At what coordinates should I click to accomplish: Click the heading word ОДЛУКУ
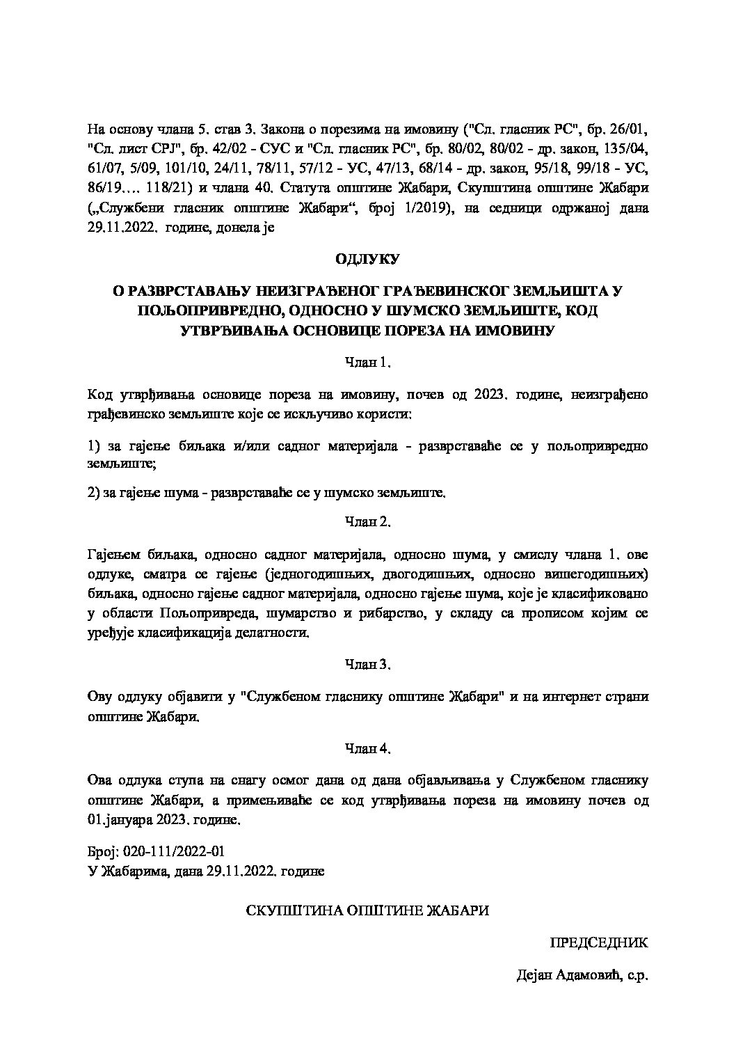[x=367, y=259]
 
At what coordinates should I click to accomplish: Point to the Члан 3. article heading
[x=368, y=664]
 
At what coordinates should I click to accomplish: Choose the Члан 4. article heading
[x=368, y=749]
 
